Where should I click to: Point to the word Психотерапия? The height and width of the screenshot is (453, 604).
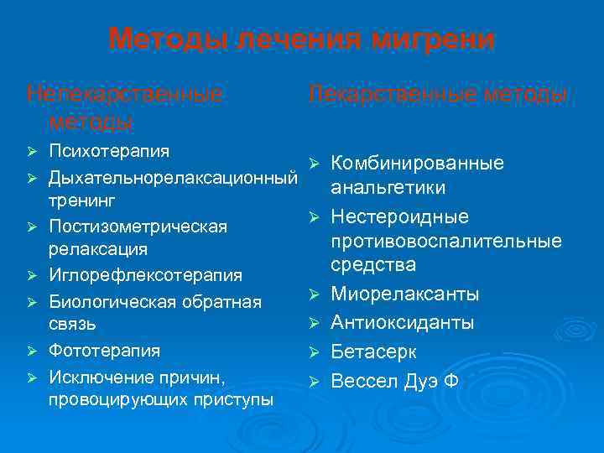point(109,151)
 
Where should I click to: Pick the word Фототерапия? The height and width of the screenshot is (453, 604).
point(104,350)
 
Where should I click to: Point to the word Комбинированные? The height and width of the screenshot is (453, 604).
point(417,163)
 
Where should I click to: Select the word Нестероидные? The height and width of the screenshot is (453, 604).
point(399,217)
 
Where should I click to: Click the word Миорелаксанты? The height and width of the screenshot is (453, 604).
point(405,294)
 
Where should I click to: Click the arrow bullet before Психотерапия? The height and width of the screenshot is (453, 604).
point(32,152)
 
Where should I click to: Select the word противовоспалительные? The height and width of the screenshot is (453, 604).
point(445,242)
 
